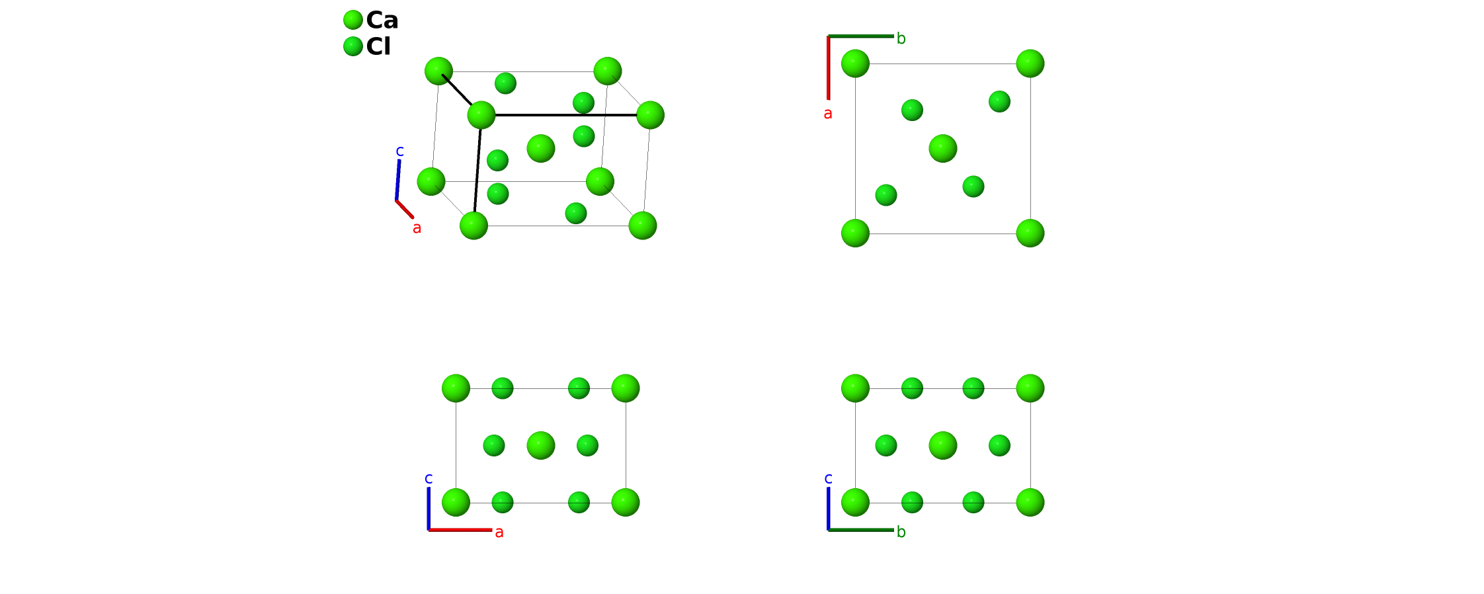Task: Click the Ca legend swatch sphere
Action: coord(353,20)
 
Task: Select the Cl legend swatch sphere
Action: coord(353,46)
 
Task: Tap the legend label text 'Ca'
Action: coord(382,21)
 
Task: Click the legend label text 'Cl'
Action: coord(378,46)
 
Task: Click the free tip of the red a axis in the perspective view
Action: coord(413,217)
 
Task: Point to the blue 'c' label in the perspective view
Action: coord(399,151)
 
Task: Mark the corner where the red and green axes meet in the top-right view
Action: coord(828,36)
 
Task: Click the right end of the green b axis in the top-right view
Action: coord(893,36)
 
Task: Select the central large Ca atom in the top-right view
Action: coord(943,148)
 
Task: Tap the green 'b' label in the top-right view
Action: coord(901,38)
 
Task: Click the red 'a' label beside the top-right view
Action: coord(828,114)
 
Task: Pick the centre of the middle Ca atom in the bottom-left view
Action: coord(541,445)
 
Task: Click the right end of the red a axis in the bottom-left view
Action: coord(492,530)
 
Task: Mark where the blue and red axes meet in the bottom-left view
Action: coord(429,530)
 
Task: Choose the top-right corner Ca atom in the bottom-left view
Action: coord(626,388)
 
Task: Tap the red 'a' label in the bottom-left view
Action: coord(499,532)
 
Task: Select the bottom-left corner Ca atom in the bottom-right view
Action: coord(855,503)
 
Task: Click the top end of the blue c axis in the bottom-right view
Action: coord(828,488)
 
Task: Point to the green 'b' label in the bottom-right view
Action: coord(901,532)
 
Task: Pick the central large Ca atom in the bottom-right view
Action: coord(943,445)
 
